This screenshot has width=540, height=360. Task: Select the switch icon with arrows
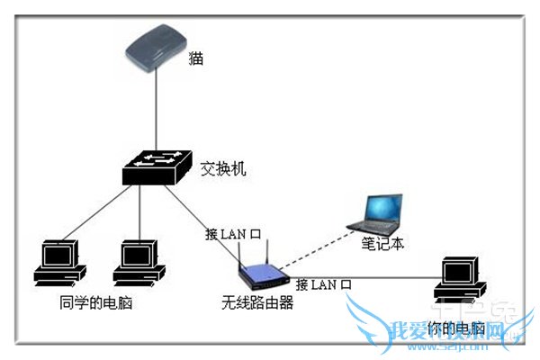tap(158, 166)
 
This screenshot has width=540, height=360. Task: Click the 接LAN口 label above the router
tap(233, 235)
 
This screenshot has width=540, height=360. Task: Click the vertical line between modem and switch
tap(158, 112)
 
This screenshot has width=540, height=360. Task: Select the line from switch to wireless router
tap(216, 225)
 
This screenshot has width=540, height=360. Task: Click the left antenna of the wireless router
tap(243, 250)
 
